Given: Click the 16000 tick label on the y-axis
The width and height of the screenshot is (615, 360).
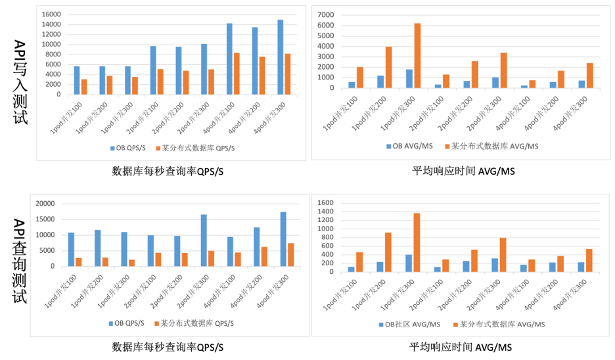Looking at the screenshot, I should pyautogui.click(x=51, y=14).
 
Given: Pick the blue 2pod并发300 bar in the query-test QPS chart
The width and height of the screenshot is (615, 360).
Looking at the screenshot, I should pyautogui.click(x=204, y=240).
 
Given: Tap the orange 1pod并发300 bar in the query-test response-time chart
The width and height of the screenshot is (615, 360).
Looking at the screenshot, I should pyautogui.click(x=417, y=242).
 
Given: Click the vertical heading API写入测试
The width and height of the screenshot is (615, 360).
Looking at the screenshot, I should pyautogui.click(x=20, y=82).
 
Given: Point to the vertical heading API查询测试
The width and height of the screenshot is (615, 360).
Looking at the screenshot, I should pyautogui.click(x=20, y=261).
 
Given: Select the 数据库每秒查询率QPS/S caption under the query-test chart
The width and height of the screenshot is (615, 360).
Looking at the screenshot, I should pyautogui.click(x=168, y=346).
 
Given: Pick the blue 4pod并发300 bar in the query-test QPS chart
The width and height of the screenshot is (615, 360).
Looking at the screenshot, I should pyautogui.click(x=283, y=239).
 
